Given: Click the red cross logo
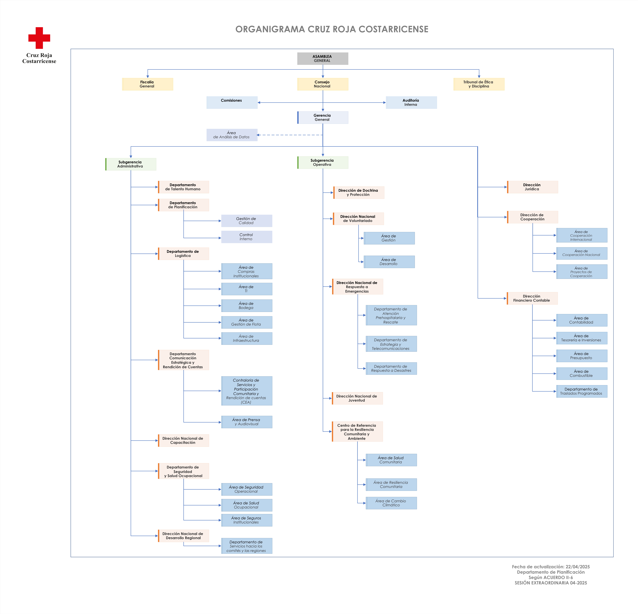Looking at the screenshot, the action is pyautogui.click(x=39, y=38).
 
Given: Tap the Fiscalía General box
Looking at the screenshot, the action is pyautogui.click(x=147, y=84).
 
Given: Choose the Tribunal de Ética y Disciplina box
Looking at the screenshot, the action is pyautogui.click(x=479, y=84).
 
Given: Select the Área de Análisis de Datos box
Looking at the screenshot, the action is pyautogui.click(x=232, y=135).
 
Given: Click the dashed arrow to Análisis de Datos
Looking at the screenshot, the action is pyautogui.click(x=290, y=135).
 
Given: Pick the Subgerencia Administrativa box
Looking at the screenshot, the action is pyautogui.click(x=131, y=164).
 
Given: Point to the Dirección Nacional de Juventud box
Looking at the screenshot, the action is pyautogui.click(x=357, y=398).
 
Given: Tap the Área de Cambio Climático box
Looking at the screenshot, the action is pyautogui.click(x=391, y=503).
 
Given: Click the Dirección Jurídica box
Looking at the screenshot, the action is pyautogui.click(x=533, y=187).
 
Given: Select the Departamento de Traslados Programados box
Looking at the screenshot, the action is pyautogui.click(x=582, y=391).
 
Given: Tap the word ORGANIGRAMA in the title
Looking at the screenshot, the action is pyautogui.click(x=270, y=29).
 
